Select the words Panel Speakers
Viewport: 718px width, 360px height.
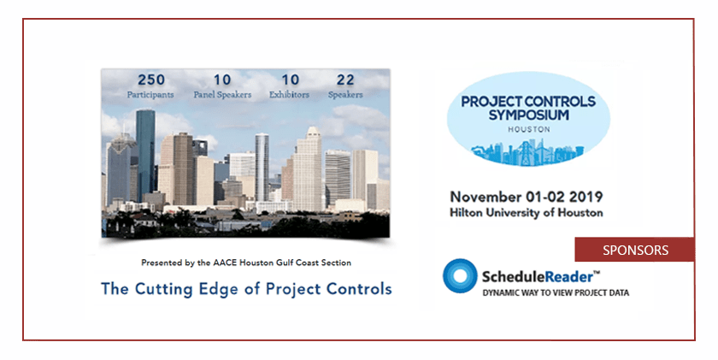222,94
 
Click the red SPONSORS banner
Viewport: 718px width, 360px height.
633,250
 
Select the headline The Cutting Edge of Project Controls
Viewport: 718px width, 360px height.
246,288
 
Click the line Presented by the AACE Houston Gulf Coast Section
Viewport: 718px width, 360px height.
246,262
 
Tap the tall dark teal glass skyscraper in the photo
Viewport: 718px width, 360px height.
145,154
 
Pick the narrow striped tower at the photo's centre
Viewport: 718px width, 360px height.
262,167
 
